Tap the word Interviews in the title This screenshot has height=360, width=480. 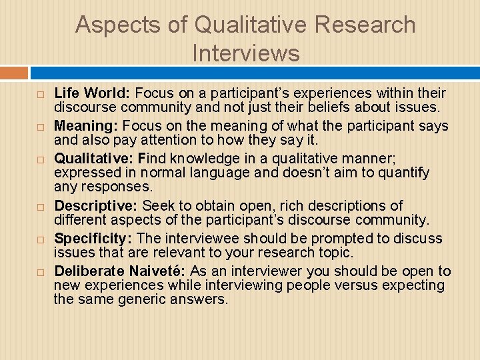[246, 53]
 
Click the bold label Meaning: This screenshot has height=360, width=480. [85, 125]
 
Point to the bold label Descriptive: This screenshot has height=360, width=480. [96, 206]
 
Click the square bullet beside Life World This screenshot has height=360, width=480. [41, 94]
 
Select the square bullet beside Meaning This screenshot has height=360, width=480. [41, 127]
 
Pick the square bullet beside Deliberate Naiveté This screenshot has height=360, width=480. [41, 273]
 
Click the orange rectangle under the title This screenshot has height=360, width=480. [14, 73]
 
